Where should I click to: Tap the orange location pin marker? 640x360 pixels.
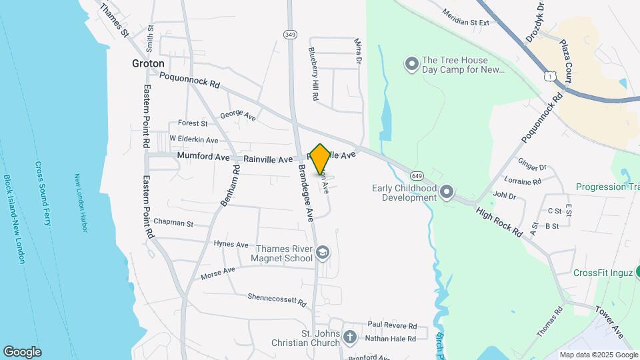point(321,159)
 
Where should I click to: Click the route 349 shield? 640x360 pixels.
point(289,34)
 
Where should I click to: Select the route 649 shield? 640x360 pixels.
point(417,175)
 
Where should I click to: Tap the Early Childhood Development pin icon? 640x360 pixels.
point(447,193)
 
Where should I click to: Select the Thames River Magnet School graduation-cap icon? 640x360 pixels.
point(323,253)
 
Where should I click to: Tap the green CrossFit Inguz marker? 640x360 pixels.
point(637,272)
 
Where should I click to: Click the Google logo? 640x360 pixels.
point(22,351)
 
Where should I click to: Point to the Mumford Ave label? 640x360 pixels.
point(203,156)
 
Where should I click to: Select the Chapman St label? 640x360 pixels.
point(173,223)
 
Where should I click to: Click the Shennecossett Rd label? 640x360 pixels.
point(276,300)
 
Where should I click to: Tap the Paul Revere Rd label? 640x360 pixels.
point(391,327)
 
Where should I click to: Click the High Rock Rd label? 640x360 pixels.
point(499,222)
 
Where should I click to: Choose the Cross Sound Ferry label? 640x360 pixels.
point(43,193)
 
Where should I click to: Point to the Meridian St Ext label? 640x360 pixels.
point(466,17)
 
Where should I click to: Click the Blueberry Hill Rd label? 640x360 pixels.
point(312,73)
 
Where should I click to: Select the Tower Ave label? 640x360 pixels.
point(609,321)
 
